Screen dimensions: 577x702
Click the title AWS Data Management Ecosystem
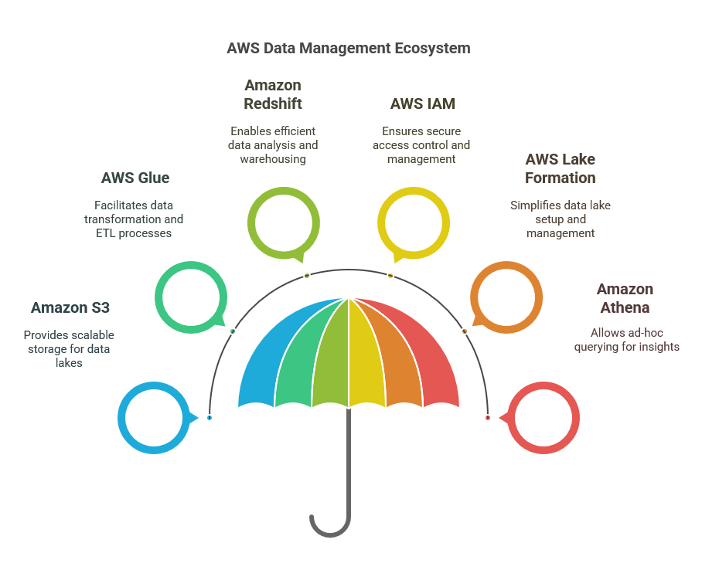(348, 48)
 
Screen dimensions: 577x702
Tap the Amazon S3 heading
(70, 307)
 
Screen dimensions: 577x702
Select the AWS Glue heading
(135, 178)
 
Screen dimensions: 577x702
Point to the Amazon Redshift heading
(273, 94)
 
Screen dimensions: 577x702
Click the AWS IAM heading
(422, 104)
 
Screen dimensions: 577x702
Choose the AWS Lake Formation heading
(560, 168)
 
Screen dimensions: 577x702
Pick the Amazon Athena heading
(625, 298)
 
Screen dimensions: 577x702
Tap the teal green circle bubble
(190, 297)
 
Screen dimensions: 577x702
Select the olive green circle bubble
(283, 223)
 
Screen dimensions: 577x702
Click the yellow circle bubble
(413, 223)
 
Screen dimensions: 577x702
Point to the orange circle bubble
(506, 297)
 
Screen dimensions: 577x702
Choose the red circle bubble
(543, 418)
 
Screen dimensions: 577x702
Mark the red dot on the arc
(488, 418)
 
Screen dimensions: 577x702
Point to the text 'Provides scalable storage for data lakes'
(69, 348)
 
